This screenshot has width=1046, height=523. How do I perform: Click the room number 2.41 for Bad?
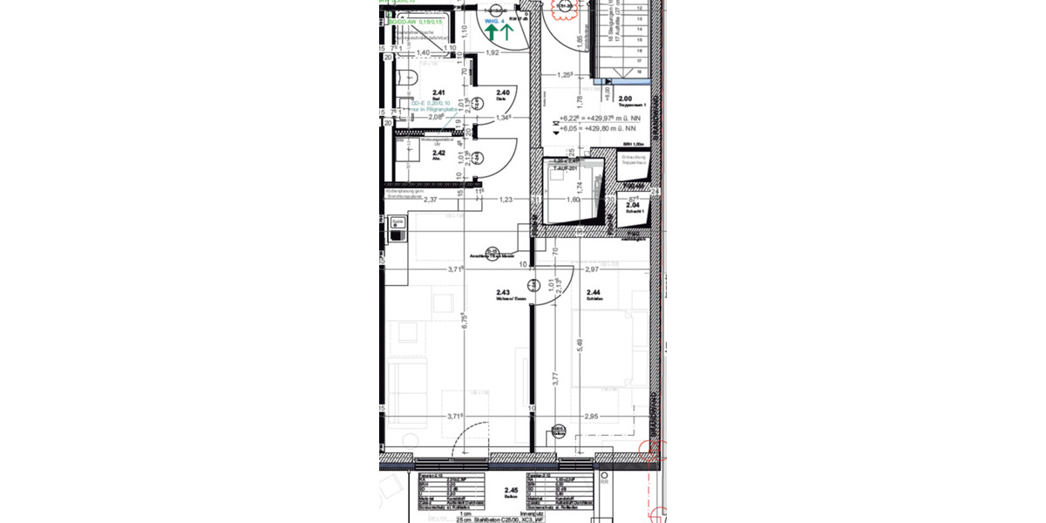point(439,92)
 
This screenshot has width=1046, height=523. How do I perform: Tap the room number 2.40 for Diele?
point(503,92)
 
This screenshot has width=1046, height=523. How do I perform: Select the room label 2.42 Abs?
point(438,153)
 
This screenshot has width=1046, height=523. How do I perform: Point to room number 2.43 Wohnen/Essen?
point(503,293)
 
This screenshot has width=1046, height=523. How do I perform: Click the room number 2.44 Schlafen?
point(594,293)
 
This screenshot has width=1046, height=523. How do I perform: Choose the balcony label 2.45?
point(511,491)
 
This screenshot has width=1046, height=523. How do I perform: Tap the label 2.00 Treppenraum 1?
point(625,99)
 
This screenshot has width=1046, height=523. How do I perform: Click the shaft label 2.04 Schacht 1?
point(633,206)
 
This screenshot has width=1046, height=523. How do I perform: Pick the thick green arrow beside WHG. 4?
point(492,33)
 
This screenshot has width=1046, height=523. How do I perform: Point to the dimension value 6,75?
point(465,321)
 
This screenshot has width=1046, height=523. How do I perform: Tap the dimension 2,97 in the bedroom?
point(594,270)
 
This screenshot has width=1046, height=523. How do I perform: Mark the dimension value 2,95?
point(593,417)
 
